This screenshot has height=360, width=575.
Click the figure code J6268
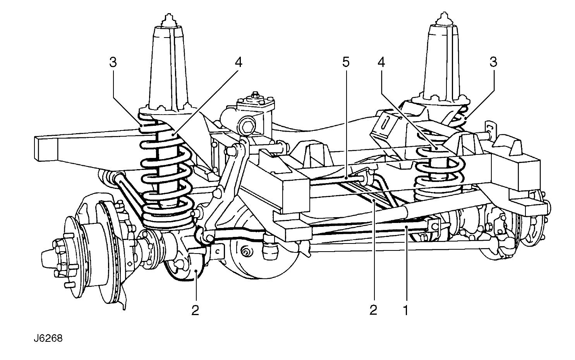click(48, 338)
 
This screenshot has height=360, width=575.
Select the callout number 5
click(346, 62)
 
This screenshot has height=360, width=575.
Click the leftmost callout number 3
click(113, 62)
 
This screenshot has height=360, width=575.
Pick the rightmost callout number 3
click(493, 62)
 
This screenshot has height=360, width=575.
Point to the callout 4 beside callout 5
click(381, 62)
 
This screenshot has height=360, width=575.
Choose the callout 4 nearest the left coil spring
click(239, 62)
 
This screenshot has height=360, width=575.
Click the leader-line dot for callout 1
click(407, 227)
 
